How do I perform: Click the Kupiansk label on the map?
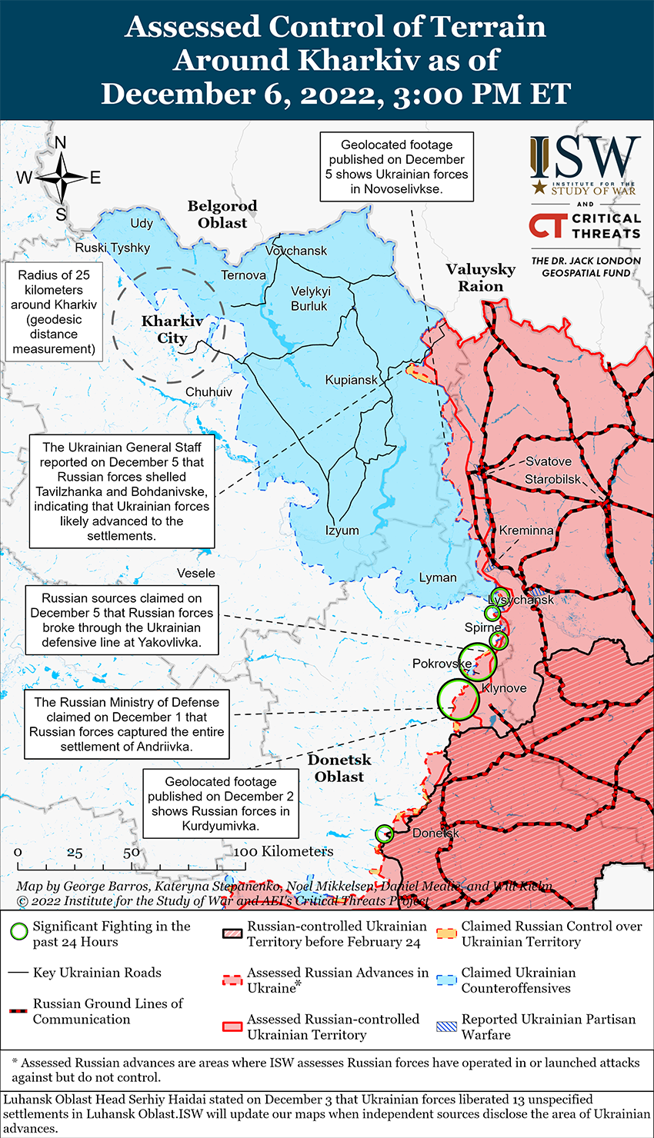[351, 380]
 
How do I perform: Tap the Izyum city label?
[342, 530]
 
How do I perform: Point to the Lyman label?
[438, 577]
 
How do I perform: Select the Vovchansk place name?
[296, 251]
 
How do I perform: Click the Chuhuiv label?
[209, 392]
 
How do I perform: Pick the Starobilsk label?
[552, 479]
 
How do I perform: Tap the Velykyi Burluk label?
[309, 298]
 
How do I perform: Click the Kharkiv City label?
[172, 330]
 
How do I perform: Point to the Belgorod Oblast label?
[222, 215]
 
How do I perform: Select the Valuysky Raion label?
[480, 278]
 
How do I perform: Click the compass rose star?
[61, 178]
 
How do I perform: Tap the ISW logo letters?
[585, 158]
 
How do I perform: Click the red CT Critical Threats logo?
[548, 225]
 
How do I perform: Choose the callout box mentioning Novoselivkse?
[396, 167]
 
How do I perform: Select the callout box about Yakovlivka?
[122, 621]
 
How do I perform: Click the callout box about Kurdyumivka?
[221, 804]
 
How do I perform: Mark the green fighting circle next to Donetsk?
[384, 834]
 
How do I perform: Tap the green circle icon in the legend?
[19, 932]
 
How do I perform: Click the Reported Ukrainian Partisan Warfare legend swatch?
[447, 1026]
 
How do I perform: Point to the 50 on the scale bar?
[132, 852]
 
